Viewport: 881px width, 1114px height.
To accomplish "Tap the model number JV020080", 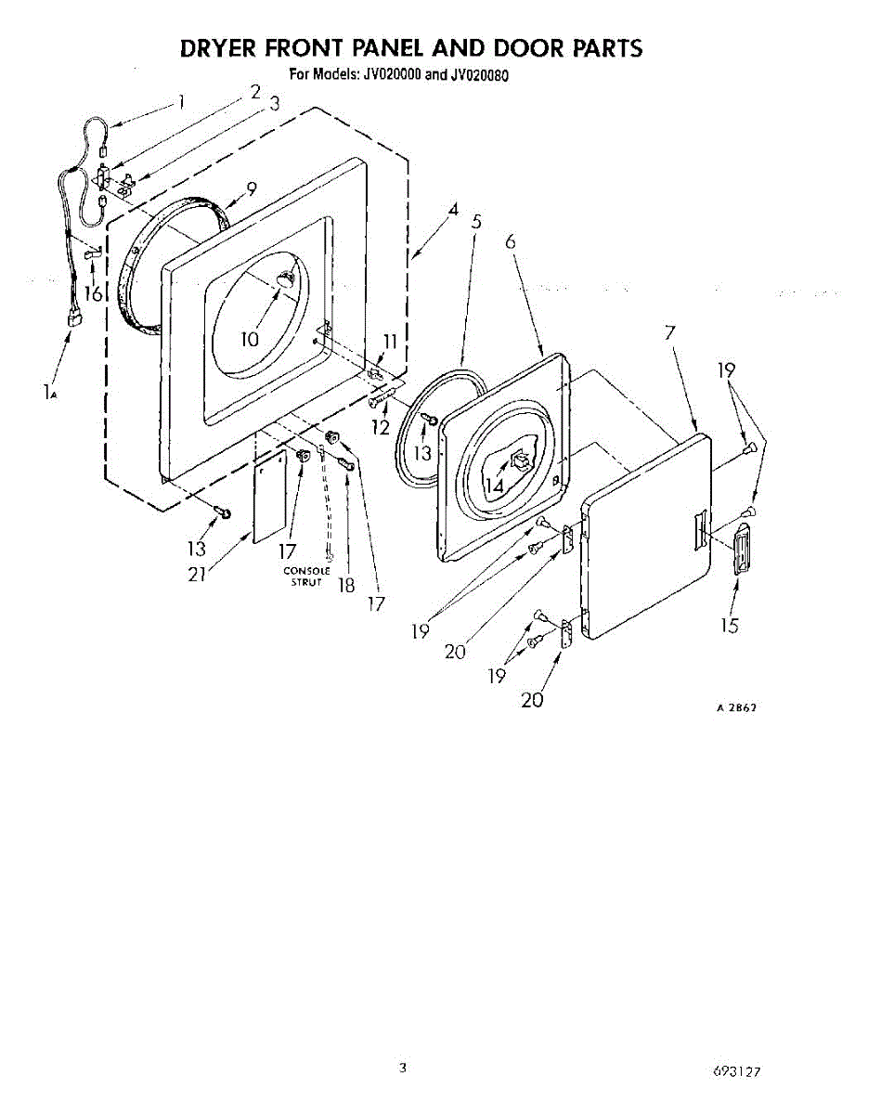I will coord(479,76).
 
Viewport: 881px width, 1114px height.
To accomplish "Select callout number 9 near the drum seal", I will coord(251,188).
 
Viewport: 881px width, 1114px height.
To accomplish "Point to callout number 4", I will coord(453,210).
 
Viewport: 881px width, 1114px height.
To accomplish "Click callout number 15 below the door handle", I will coord(730,626).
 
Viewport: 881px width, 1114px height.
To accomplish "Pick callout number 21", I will coord(196,575).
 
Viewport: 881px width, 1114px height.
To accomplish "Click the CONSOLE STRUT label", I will coord(306,576).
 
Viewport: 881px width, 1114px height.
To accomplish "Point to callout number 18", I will coord(347,586).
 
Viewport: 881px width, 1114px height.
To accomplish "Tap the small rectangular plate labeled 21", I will coord(270,500).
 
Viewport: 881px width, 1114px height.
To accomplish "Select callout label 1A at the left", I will coord(50,393).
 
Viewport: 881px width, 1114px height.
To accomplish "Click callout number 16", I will coord(93,293).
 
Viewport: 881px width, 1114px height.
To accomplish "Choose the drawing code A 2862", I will coord(736,707).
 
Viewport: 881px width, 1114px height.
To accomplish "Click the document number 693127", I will coord(738,1070).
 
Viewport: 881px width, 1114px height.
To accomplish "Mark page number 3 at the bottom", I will coord(403,1068).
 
